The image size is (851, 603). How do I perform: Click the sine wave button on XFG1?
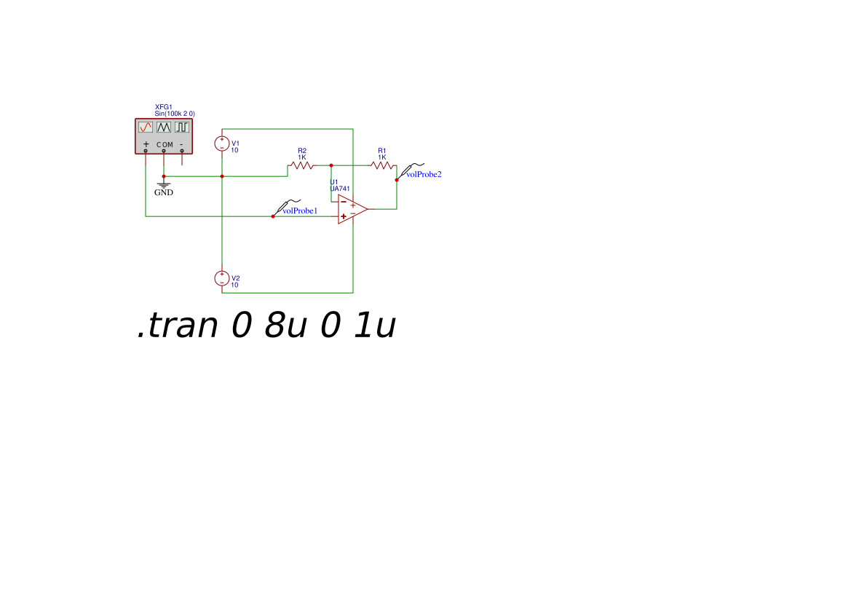146,127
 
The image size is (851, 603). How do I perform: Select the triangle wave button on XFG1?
163,127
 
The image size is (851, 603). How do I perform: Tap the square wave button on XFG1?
182,127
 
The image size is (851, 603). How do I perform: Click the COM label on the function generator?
165,145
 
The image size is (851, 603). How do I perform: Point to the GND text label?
163,193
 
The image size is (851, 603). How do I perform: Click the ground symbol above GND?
163,185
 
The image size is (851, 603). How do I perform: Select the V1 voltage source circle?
222,143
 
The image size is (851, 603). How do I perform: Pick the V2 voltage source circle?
222,278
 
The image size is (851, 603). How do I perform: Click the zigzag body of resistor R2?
302,165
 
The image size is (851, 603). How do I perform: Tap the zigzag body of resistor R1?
381,165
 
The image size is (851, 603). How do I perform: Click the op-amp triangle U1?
353,209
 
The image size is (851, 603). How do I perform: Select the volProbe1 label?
300,210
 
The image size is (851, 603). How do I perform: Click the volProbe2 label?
424,174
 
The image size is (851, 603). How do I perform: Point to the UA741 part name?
340,189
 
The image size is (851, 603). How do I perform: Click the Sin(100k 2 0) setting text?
175,114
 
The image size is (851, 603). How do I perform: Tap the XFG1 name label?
163,108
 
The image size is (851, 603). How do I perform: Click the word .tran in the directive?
178,326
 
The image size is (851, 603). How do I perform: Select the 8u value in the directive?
285,326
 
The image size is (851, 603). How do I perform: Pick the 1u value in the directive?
374,326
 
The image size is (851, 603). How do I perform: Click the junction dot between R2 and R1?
331,165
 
